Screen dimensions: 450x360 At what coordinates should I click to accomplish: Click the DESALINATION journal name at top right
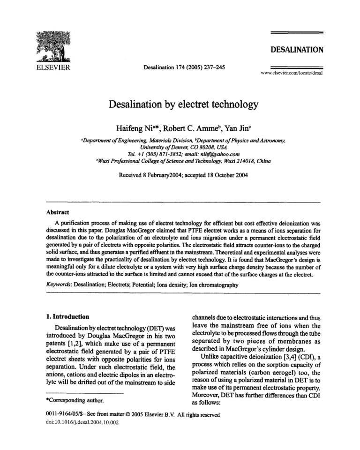coord(297,50)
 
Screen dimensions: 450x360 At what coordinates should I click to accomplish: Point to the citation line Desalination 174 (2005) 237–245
coord(184,67)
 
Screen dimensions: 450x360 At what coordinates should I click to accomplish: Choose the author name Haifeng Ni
coord(134,128)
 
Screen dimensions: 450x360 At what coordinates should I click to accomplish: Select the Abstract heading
coord(58,212)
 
